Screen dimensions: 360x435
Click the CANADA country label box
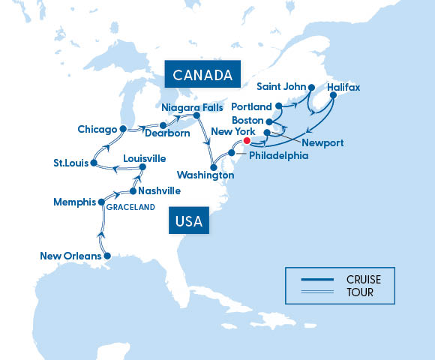202,75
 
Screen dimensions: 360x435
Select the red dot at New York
247,139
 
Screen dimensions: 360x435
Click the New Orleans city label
70,256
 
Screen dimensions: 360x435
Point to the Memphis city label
75,202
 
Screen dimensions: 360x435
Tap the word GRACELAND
130,207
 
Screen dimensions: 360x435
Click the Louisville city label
145,158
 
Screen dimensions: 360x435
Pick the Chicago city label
97,130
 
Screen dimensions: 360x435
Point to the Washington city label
205,175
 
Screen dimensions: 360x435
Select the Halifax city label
343,88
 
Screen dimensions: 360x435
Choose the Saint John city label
279,88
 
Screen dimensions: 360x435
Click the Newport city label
323,142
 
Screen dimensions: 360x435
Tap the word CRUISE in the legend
363,279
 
